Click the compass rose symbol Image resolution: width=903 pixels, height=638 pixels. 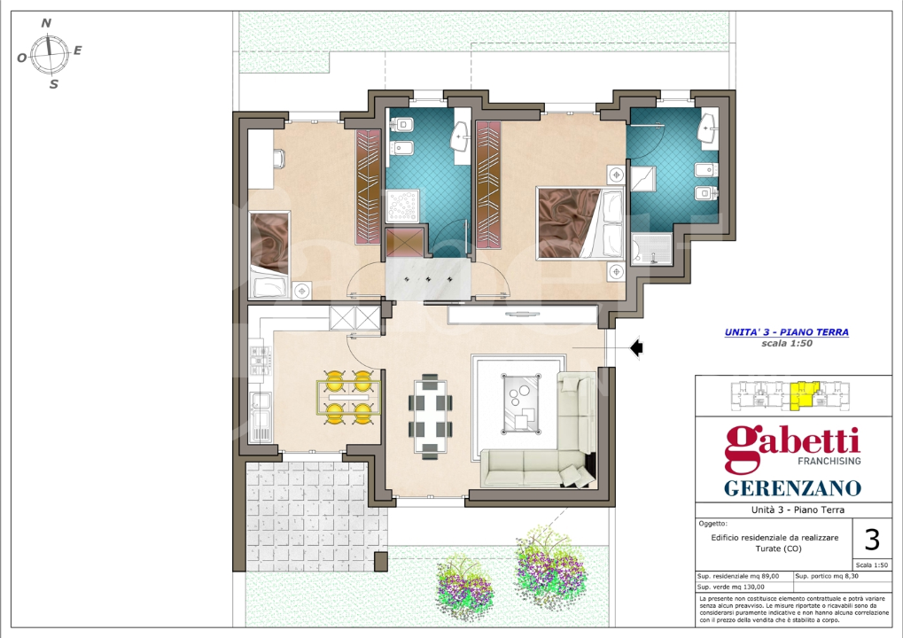[x=51, y=55]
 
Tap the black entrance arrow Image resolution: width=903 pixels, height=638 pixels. [x=636, y=349]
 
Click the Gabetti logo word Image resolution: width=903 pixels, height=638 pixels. [x=792, y=446]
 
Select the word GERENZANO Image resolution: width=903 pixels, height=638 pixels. [x=792, y=488]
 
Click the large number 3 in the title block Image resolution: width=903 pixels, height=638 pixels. [x=872, y=538]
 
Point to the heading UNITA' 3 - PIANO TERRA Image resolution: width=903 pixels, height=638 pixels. [x=786, y=332]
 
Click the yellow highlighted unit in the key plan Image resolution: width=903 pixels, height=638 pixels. [x=805, y=395]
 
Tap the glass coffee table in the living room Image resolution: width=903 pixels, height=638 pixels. [x=521, y=402]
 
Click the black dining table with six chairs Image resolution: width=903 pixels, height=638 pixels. [x=429, y=416]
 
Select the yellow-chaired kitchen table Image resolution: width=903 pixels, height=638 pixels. [x=348, y=397]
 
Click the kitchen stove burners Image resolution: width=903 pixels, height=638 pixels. [x=261, y=360]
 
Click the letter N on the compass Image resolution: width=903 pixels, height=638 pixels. [x=46, y=24]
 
